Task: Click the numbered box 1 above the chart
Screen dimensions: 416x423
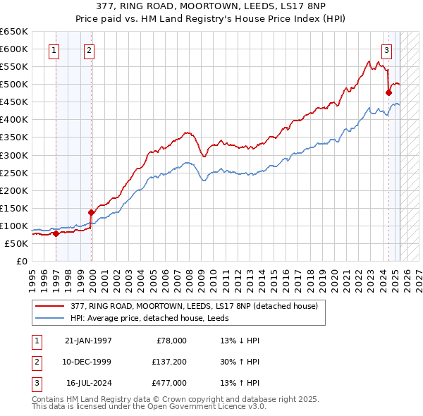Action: coord(54,50)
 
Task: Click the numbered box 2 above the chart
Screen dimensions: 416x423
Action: coord(90,50)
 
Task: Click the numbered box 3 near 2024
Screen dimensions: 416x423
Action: coord(387,50)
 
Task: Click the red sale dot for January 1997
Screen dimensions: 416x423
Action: coord(56,233)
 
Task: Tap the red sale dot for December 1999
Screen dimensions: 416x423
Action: coord(91,212)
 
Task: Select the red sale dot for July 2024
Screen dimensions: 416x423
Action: coord(388,92)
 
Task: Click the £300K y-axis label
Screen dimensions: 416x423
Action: coord(13,155)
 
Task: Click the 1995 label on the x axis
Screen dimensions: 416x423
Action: coord(32,277)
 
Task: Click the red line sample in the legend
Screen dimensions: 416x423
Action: coord(50,306)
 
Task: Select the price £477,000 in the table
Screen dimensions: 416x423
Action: coord(169,383)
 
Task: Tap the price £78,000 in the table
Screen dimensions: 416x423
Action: coord(171,341)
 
